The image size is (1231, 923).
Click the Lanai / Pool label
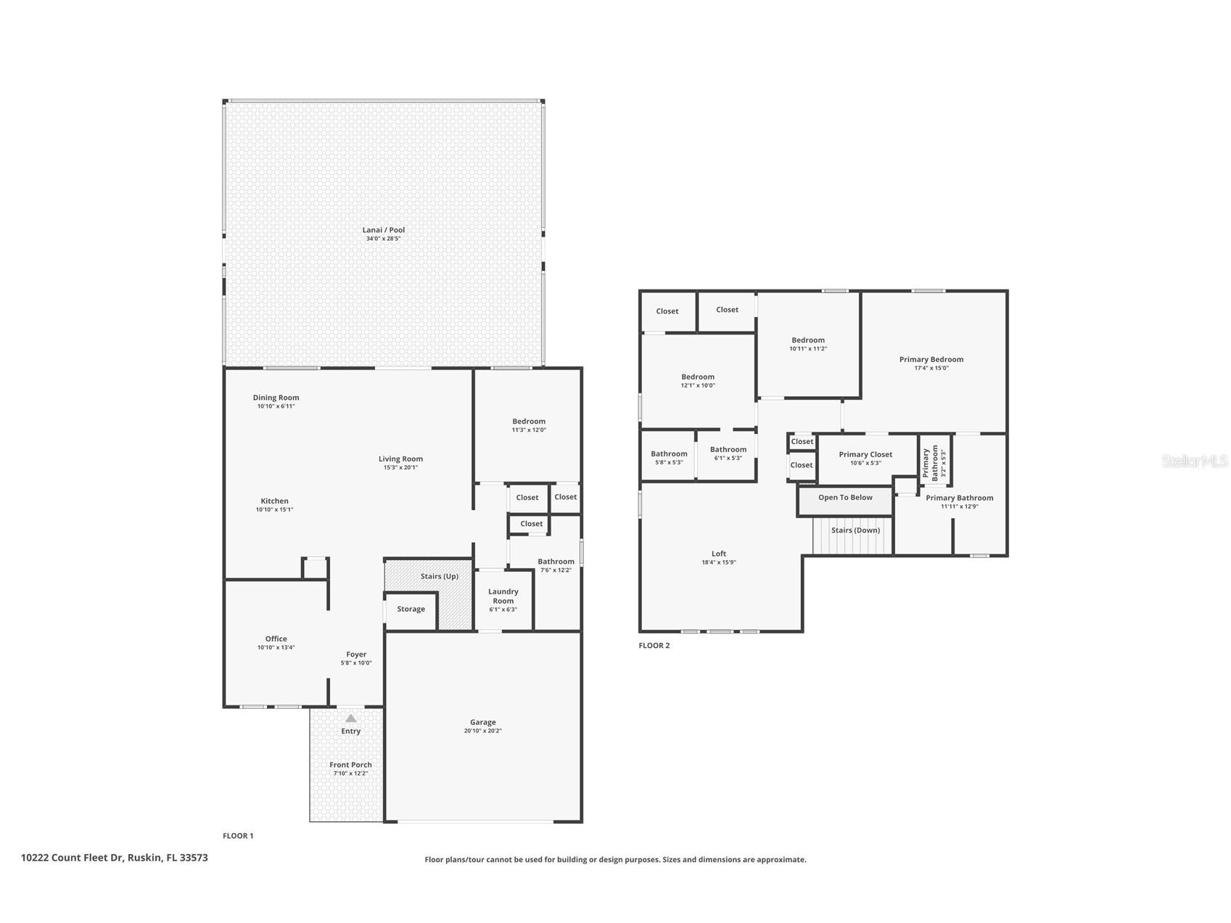point(384,230)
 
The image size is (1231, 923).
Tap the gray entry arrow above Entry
point(350,718)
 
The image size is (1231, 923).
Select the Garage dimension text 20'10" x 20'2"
point(482,731)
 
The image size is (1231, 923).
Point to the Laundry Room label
point(503,596)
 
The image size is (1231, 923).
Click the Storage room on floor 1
point(411,610)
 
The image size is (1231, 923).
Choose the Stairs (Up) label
point(439,576)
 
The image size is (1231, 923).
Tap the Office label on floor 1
point(276,639)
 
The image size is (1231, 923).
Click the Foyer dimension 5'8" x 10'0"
point(356,662)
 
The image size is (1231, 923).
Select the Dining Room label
point(276,398)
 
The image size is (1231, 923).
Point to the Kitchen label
point(274,501)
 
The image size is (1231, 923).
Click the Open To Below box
point(845,499)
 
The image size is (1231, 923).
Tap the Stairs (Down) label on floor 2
point(855,530)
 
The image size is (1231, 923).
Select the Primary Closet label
point(865,454)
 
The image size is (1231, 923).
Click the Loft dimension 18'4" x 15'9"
point(718,562)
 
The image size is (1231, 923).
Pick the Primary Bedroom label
point(931,359)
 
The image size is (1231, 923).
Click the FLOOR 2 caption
point(654,645)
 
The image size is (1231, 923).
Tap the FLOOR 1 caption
point(238,836)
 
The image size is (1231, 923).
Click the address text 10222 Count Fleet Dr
point(73,857)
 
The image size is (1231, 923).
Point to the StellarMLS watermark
point(1194,461)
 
